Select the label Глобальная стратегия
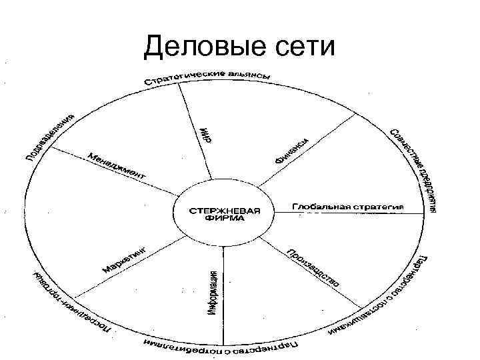click(x=348, y=207)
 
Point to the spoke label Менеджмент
click(x=117, y=166)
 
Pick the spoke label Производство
click(x=312, y=268)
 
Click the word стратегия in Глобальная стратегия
click(x=378, y=207)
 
